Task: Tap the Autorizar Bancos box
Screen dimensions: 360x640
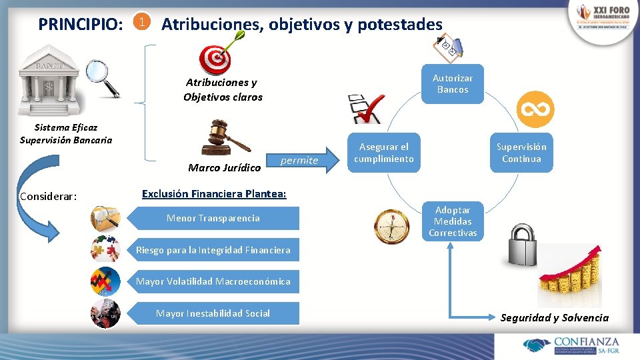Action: tap(452, 84)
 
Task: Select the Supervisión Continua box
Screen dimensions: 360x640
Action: tap(521, 153)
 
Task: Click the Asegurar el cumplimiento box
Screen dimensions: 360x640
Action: tap(384, 153)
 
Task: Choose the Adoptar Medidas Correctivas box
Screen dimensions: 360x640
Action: tap(452, 221)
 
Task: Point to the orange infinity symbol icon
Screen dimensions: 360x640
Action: tap(535, 108)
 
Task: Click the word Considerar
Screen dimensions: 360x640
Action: tap(49, 196)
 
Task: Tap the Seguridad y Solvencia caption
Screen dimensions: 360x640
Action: tap(554, 317)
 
